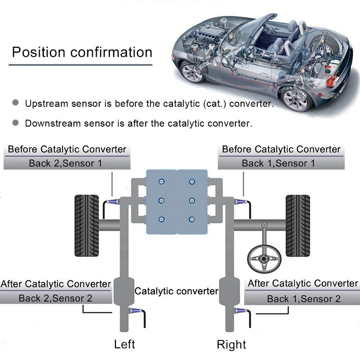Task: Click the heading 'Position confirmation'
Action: [82, 52]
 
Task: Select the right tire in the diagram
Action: [297, 226]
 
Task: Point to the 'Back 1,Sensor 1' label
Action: [279, 163]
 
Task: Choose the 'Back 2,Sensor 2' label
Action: [56, 298]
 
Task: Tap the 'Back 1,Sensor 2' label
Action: [304, 298]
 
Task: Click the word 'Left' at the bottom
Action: [125, 345]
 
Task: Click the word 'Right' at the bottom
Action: [232, 345]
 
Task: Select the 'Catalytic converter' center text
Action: [176, 291]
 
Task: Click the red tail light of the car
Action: [332, 81]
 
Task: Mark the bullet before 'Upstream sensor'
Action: [16, 103]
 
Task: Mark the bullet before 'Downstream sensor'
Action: [16, 122]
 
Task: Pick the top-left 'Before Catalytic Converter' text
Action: [67, 149]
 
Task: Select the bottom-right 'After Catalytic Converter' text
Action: [303, 283]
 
